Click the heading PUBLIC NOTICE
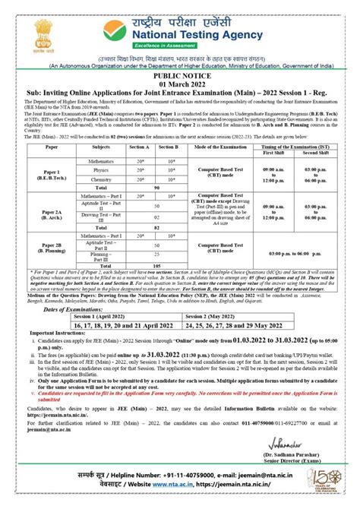point(180,77)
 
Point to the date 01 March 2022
point(180,84)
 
